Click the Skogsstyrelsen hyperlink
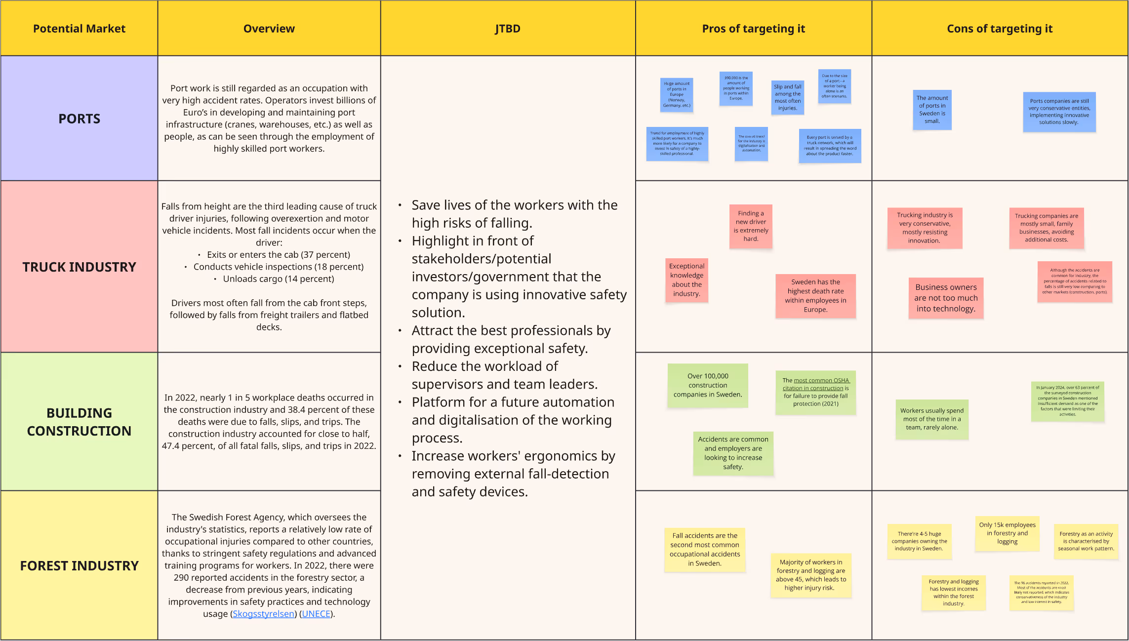pyautogui.click(x=263, y=614)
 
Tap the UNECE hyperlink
pyautogui.click(x=316, y=614)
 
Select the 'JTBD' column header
pyautogui.click(x=508, y=29)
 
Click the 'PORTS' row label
pyautogui.click(x=80, y=119)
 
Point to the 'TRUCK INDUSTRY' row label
pyautogui.click(x=80, y=267)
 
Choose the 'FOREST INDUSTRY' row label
pyautogui.click(x=80, y=565)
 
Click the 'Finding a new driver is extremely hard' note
pyautogui.click(x=751, y=226)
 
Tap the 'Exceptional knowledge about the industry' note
pyautogui.click(x=686, y=280)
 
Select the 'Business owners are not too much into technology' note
pyautogui.click(x=946, y=298)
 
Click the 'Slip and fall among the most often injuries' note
pyautogui.click(x=788, y=97)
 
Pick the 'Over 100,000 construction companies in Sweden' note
pyautogui.click(x=708, y=385)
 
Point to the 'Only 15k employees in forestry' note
pyautogui.click(x=1007, y=533)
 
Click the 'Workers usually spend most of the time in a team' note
pyautogui.click(x=932, y=419)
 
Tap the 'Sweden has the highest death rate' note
pyautogui.click(x=815, y=296)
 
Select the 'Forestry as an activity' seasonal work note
pyautogui.click(x=1086, y=541)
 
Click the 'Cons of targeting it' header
pyautogui.click(x=1000, y=29)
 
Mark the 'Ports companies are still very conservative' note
pyautogui.click(x=1059, y=112)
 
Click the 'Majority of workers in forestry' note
pyautogui.click(x=811, y=575)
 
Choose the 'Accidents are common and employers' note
pyautogui.click(x=733, y=453)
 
